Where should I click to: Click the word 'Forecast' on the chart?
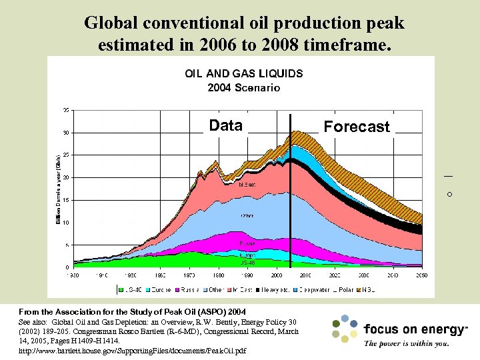[x=357, y=127]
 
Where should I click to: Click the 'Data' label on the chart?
[x=225, y=125]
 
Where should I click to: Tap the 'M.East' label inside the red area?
[x=247, y=185]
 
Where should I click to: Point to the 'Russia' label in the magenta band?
[x=247, y=243]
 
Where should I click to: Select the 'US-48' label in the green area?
[x=247, y=263]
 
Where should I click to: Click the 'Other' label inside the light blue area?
[x=247, y=216]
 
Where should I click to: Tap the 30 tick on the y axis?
[x=66, y=133]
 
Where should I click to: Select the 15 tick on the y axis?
[x=66, y=200]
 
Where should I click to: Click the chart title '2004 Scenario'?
[x=243, y=87]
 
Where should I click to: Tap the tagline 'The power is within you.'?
[x=406, y=344]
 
